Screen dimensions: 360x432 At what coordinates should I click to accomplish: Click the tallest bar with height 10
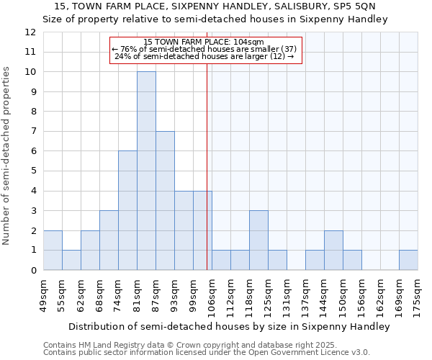pyautogui.click(x=146, y=171)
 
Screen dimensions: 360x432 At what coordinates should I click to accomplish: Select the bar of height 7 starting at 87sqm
pyautogui.click(x=165, y=200)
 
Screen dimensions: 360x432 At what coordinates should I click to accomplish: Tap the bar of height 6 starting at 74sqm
pyautogui.click(x=127, y=210)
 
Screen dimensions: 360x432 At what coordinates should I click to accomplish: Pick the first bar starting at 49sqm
pyautogui.click(x=53, y=250)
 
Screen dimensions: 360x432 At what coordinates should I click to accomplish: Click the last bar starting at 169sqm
pyautogui.click(x=408, y=260)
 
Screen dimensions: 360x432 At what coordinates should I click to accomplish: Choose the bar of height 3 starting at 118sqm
pyautogui.click(x=258, y=240)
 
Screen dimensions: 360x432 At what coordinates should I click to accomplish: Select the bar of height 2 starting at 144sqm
pyautogui.click(x=333, y=250)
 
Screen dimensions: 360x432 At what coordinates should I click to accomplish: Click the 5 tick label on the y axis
pyautogui.click(x=33, y=171)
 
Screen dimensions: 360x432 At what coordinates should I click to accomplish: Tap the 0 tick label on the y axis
pyautogui.click(x=33, y=270)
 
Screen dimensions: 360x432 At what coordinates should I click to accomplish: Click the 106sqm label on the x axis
pyautogui.click(x=212, y=294)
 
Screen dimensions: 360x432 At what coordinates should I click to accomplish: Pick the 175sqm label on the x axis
pyautogui.click(x=418, y=294)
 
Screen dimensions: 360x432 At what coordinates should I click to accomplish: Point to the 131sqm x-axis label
pyautogui.click(x=287, y=294)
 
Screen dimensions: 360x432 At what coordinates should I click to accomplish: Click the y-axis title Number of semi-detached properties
pyautogui.click(x=7, y=156)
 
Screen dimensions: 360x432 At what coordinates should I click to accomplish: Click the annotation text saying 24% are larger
pyautogui.click(x=204, y=56)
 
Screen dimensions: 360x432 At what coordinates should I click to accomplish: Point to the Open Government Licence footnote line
pyautogui.click(x=207, y=353)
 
